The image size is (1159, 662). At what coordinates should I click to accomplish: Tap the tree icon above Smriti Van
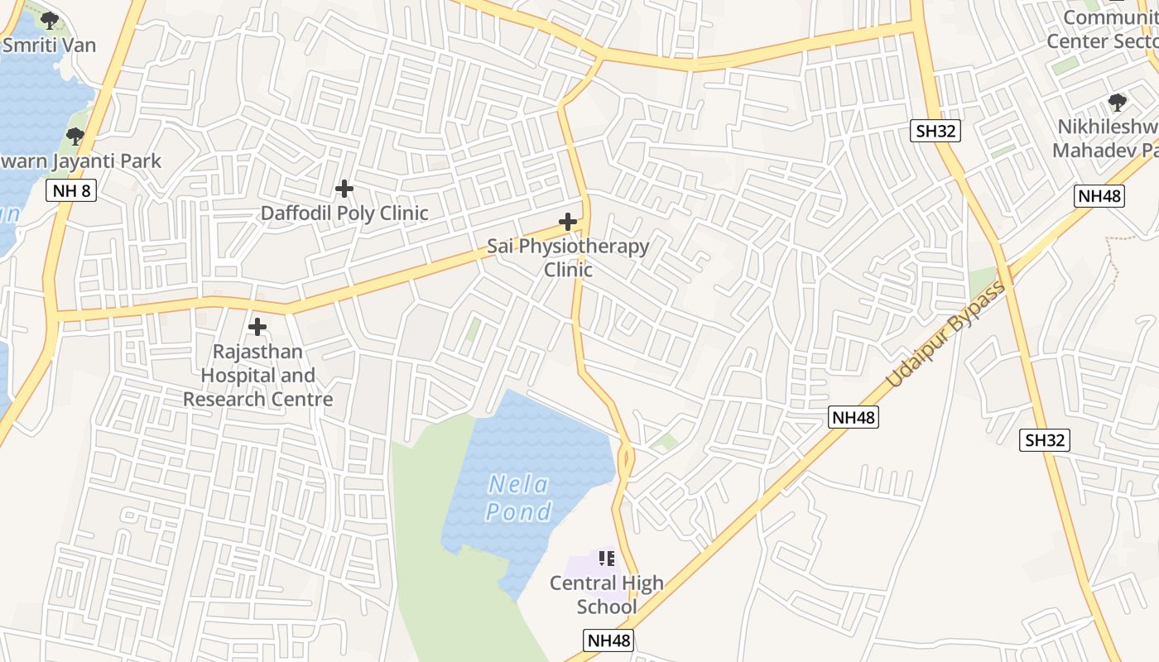pos(49,20)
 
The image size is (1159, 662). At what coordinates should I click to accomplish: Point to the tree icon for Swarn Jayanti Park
pos(75,137)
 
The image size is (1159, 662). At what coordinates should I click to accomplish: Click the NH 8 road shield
pos(72,191)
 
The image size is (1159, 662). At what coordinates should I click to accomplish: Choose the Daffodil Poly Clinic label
pos(344,213)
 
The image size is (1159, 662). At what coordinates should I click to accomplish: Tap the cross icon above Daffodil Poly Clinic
pos(344,189)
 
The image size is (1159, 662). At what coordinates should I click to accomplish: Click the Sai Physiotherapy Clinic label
pos(568,257)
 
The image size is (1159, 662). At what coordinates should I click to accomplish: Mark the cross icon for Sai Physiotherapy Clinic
pos(568,222)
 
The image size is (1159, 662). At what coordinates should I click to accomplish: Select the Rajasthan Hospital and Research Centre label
pos(257,375)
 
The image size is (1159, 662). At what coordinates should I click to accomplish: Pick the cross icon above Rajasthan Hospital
pos(257,327)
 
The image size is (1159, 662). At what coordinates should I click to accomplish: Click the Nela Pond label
pos(518,497)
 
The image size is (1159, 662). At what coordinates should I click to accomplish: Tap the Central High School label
pos(607,594)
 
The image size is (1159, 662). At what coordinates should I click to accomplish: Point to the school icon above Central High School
pos(607,559)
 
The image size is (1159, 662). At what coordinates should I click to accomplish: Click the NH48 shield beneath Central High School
pos(608,640)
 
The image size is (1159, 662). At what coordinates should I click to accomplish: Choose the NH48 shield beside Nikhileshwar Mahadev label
pos(1099,196)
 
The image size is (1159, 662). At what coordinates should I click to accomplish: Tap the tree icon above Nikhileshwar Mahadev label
pos(1117,103)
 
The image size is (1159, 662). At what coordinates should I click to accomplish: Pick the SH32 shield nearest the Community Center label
pos(935,130)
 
